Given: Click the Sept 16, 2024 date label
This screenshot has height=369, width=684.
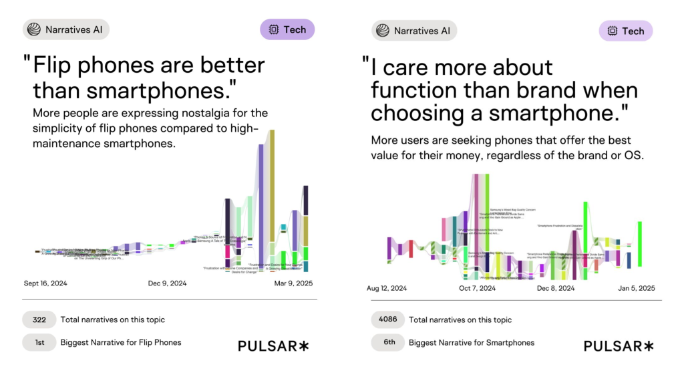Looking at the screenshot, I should (x=45, y=283).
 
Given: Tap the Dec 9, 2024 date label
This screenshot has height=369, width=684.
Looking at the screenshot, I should (x=167, y=283).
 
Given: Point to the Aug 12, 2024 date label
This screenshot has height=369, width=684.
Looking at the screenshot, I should (x=387, y=289).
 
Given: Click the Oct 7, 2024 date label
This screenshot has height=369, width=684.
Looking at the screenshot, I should (x=477, y=289).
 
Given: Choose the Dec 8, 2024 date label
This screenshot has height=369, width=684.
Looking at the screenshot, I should (x=556, y=289).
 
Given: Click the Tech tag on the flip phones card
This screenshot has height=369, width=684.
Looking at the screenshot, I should (x=287, y=29).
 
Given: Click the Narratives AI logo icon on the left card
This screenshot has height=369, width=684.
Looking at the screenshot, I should (x=34, y=29).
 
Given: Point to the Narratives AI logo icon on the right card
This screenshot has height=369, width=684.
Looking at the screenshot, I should (x=383, y=31).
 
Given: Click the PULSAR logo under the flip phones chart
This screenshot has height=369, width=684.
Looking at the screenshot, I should (x=273, y=346).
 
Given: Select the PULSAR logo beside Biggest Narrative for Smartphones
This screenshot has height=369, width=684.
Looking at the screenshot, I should (x=619, y=346).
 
